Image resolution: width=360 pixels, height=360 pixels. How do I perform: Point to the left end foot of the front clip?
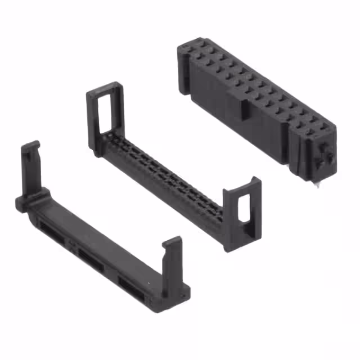point(21,204)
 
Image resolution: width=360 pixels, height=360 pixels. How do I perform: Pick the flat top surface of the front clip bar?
point(101,236)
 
